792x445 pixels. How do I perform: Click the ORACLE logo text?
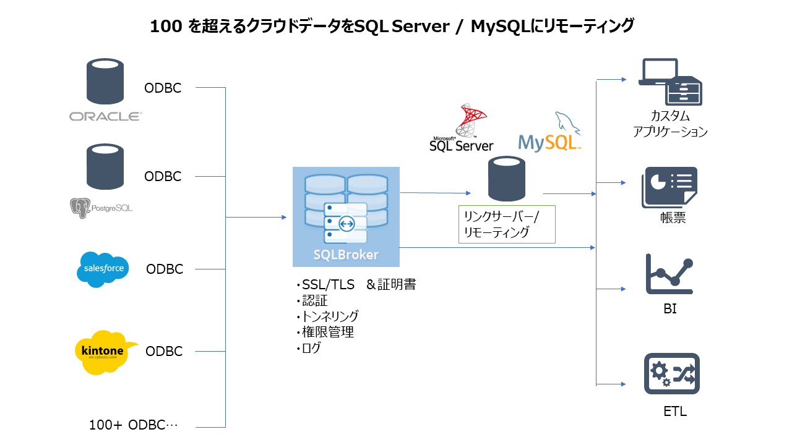pos(105,116)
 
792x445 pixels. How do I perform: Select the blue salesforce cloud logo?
pos(103,269)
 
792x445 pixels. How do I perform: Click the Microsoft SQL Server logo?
pos(462,129)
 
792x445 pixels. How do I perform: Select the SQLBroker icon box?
pos(346,216)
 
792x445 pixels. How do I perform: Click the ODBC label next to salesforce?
pos(165,269)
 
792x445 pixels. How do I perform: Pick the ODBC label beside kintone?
pos(164,352)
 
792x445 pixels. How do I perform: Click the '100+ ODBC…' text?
pos(133,425)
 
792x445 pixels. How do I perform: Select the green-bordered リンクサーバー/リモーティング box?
pos(507,224)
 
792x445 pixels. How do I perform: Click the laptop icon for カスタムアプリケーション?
pos(660,74)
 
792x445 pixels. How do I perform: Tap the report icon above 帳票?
pos(669,187)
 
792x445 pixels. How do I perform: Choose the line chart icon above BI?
pos(669,274)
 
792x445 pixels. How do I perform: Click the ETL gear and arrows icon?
pos(671,373)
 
